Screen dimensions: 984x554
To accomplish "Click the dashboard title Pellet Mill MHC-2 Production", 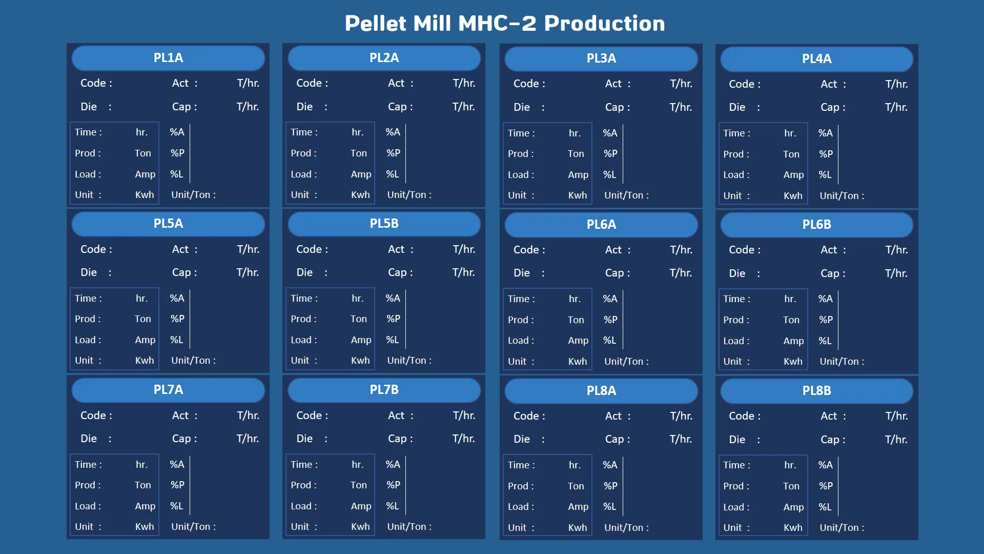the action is (x=505, y=23).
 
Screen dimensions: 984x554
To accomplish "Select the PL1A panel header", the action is (x=168, y=58).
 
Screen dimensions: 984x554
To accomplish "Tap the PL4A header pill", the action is (x=816, y=59).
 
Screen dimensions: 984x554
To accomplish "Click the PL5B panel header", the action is (x=384, y=224).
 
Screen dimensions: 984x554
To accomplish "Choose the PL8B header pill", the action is (x=816, y=391).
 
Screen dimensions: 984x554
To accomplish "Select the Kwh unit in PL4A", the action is (x=793, y=195).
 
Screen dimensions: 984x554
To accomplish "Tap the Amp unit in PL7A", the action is (x=145, y=506).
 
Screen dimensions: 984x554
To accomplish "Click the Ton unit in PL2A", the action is (x=359, y=153).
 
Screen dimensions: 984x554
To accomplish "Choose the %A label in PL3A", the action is (x=610, y=133).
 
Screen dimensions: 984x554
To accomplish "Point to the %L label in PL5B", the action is (x=392, y=340).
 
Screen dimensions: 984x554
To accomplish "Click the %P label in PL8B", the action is (x=826, y=486).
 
